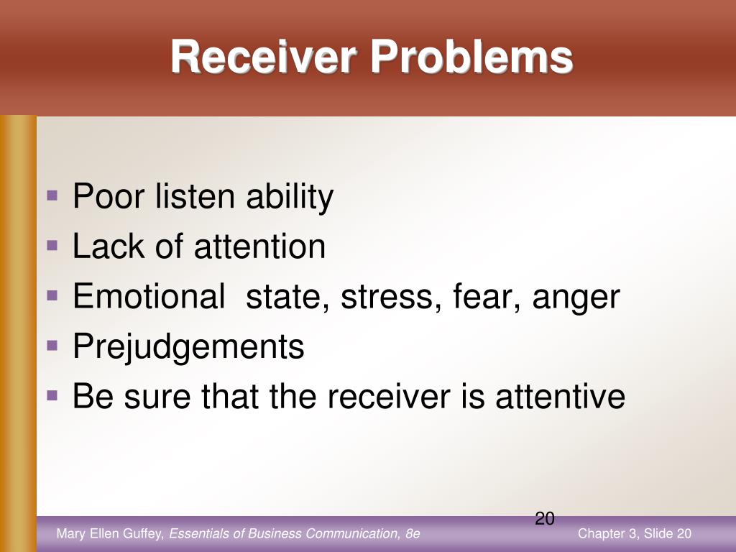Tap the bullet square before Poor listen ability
52,195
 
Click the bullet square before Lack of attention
52,245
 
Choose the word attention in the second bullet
259,247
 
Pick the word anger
576,298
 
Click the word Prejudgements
188,347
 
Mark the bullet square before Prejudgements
52,345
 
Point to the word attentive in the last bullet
561,396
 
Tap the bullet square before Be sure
52,395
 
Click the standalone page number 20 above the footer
545,518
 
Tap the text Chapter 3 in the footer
607,533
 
